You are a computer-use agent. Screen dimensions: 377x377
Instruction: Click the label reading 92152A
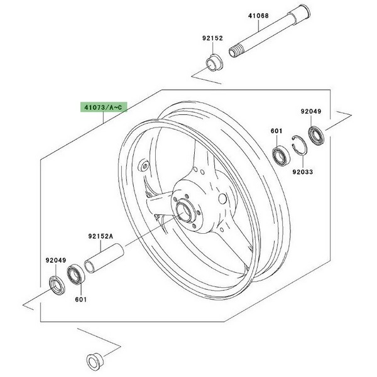[100, 237]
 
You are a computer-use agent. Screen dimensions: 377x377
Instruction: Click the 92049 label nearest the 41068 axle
[328, 111]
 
